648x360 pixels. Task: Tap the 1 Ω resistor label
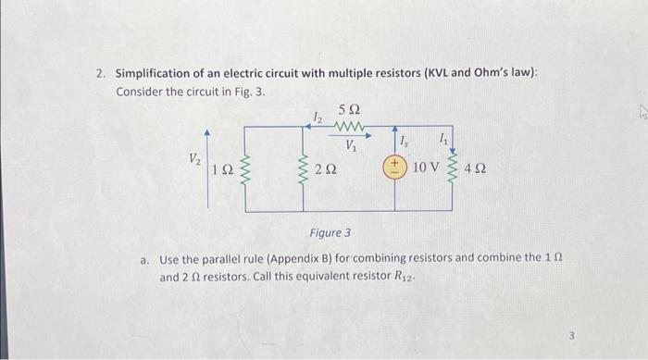223,170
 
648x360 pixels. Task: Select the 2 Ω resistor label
325,170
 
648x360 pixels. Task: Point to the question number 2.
101,73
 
